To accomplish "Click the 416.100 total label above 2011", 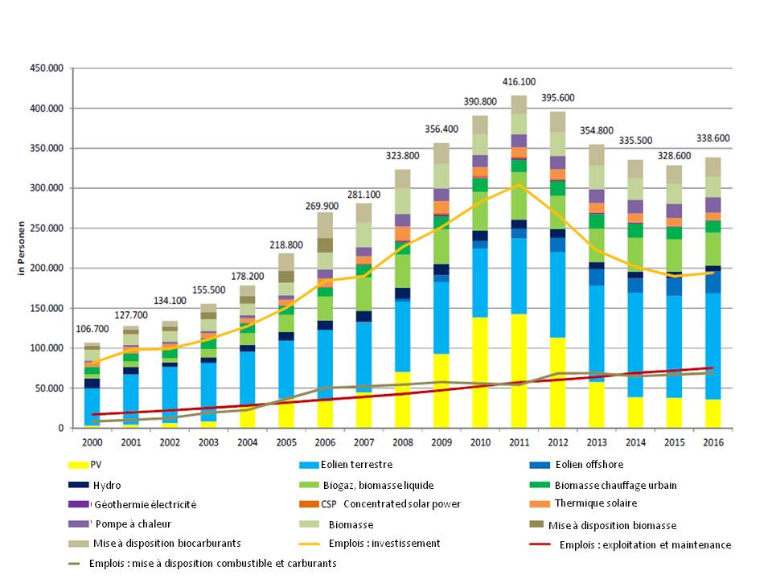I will pyautogui.click(x=519, y=82).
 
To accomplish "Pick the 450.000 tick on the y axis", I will pyautogui.click(x=47, y=69).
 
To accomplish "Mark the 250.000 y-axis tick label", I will pyautogui.click(x=47, y=228).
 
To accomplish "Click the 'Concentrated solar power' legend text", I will pyautogui.click(x=401, y=504).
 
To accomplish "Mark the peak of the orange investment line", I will pyautogui.click(x=519, y=184).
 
